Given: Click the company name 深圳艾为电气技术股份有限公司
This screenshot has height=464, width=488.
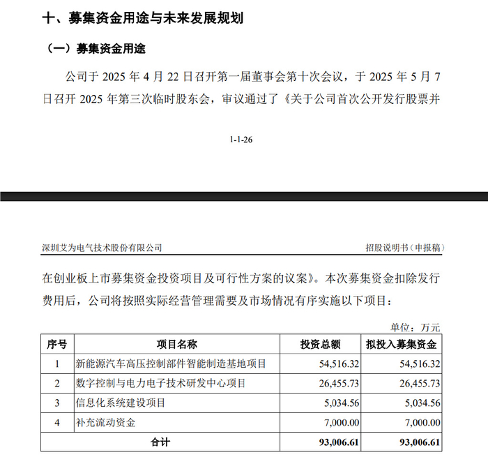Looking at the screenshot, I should pyautogui.click(x=102, y=248).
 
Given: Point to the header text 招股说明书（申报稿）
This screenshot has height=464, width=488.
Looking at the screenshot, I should pyautogui.click(x=405, y=248).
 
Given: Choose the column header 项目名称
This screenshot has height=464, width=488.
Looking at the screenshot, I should pyautogui.click(x=176, y=344).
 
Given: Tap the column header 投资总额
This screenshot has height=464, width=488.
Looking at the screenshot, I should pyautogui.click(x=320, y=344).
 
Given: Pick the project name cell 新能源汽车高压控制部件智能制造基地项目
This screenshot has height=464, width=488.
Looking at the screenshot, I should pyautogui.click(x=170, y=364).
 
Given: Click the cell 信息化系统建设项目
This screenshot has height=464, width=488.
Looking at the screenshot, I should pyautogui.click(x=121, y=403).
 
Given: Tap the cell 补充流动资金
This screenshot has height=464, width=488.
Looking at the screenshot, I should pyautogui.click(x=105, y=422).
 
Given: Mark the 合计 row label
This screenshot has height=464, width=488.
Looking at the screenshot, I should pyautogui.click(x=160, y=442).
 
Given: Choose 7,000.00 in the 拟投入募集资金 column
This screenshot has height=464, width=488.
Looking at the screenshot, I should pyautogui.click(x=420, y=422).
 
